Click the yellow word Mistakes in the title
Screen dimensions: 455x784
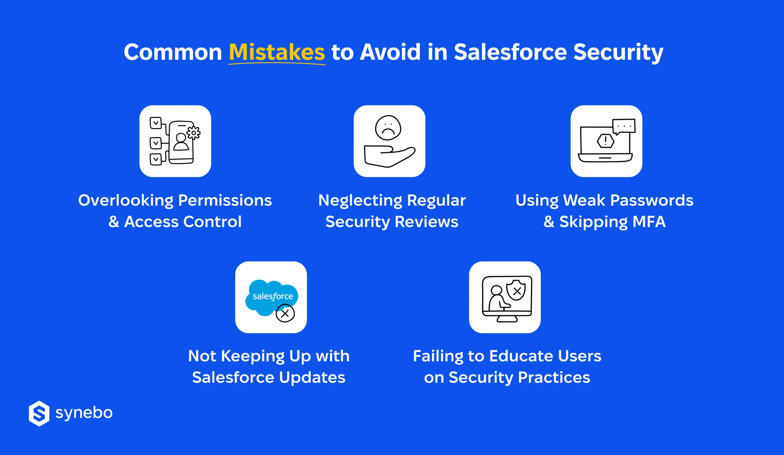pos(277,52)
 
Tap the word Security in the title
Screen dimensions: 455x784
pos(618,52)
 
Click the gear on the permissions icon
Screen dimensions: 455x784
pos(194,133)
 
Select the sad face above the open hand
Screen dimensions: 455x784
pos(388,128)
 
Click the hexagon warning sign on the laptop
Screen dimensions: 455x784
pos(605,141)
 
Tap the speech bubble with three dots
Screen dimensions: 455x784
pos(624,126)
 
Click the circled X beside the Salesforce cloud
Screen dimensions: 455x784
pos(285,313)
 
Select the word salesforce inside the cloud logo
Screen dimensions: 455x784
pos(273,296)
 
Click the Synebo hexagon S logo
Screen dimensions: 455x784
pos(39,413)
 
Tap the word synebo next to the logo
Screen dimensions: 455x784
pos(84,413)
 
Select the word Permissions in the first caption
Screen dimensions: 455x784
pos(224,200)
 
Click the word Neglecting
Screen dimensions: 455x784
pos(360,200)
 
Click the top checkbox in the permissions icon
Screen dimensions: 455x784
pos(156,123)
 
